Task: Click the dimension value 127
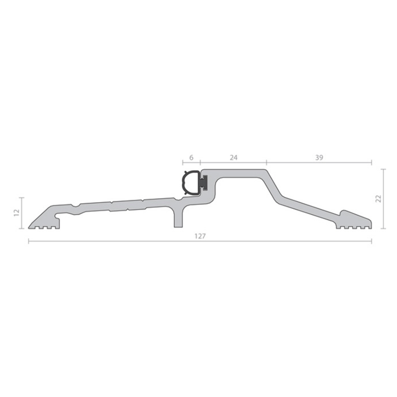tap(200, 236)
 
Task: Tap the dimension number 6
tap(191, 158)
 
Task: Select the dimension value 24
tap(233, 158)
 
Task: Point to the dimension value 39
tap(319, 158)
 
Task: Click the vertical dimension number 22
tap(379, 199)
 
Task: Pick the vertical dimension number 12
tap(17, 213)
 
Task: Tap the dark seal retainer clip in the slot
tap(203, 183)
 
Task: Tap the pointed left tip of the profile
tap(29, 227)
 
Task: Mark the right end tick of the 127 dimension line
tap(372, 241)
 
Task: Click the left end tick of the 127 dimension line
tap(29, 241)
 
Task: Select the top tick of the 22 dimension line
tap(383, 169)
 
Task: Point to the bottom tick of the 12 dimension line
tap(22, 228)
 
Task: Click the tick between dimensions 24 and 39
tap(266, 162)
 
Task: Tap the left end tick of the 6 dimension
tap(183, 162)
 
